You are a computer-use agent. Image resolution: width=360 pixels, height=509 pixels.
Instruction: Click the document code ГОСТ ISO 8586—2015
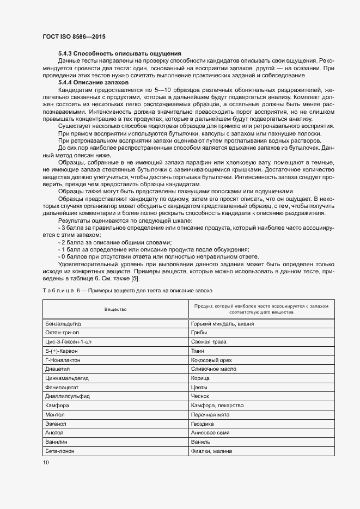tap(74, 36)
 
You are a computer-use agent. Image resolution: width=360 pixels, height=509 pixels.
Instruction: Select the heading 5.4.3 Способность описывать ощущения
tap(119, 53)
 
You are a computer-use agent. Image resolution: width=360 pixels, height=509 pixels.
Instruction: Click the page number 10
tap(45, 462)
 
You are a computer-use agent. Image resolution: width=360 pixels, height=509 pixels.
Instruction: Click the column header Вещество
tap(115, 309)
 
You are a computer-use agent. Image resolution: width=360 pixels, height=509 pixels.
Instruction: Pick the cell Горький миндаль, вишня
tap(222, 323)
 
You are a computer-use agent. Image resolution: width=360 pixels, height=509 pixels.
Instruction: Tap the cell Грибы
tap(199, 333)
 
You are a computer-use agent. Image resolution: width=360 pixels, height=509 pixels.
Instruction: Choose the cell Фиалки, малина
tap(212, 451)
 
